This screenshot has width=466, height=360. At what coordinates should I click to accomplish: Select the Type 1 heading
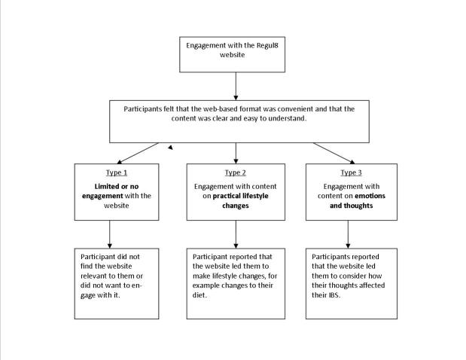click(110, 172)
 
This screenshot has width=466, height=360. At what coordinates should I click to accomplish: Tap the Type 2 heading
click(236, 172)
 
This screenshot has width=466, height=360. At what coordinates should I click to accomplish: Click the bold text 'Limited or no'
click(109, 185)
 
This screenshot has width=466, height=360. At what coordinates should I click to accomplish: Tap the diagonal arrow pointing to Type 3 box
click(334, 153)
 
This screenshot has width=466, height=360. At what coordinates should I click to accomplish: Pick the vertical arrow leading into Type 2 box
click(236, 152)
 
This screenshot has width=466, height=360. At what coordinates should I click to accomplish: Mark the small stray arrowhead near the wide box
click(171, 148)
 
